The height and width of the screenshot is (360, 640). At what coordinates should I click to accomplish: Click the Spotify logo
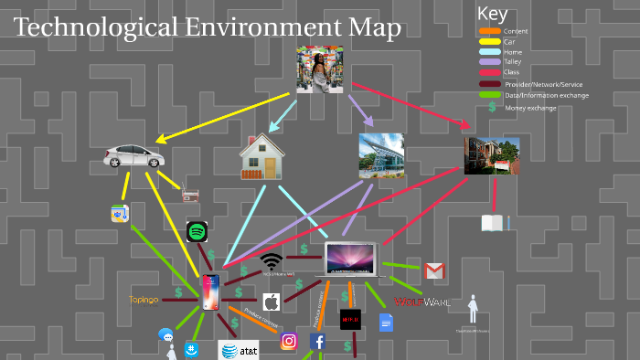tap(197, 231)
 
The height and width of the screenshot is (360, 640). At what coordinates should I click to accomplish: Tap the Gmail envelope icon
tap(434, 270)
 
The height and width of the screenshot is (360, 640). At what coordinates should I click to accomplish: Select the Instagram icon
tap(289, 341)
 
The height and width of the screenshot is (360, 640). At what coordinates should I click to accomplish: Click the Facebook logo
tap(318, 342)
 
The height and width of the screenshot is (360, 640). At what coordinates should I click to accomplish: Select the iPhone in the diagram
tap(211, 292)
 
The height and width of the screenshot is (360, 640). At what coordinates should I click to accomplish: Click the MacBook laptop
tap(352, 259)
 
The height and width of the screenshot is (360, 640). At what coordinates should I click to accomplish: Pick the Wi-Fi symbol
tap(271, 261)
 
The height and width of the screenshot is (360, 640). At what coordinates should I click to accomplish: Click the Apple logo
tap(271, 302)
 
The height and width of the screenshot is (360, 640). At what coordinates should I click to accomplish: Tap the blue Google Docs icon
tap(386, 322)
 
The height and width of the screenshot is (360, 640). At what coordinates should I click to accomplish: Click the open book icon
tap(492, 223)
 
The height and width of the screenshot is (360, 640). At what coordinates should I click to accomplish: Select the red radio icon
tap(191, 195)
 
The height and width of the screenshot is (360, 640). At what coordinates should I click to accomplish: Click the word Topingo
tap(144, 299)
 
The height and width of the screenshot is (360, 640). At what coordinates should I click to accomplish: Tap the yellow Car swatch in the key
tap(489, 42)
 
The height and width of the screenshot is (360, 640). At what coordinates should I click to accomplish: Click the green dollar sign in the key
tap(492, 107)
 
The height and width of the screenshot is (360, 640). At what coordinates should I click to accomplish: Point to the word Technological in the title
tap(86, 28)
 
